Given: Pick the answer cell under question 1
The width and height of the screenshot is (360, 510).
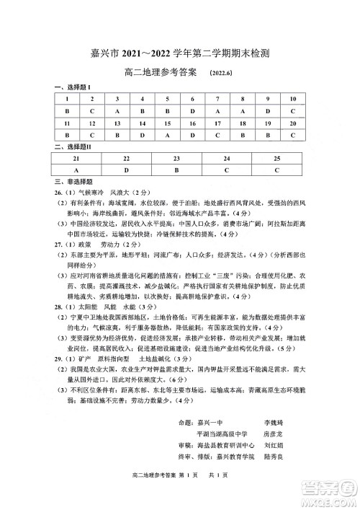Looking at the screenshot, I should click(67, 111).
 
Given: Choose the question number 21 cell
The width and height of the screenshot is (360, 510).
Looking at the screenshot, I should click(76, 157).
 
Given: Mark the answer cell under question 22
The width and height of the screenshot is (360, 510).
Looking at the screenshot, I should click(126, 170).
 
